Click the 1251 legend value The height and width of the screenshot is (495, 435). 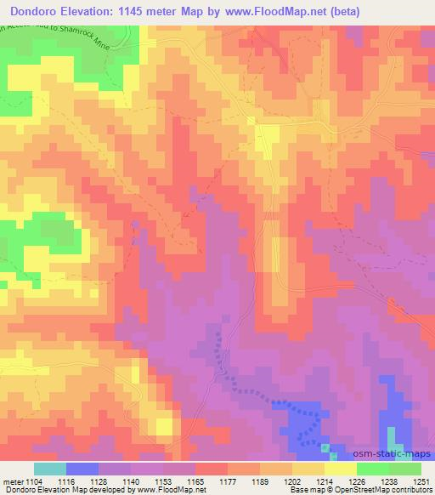click(418, 481)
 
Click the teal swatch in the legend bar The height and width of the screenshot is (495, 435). click(50, 469)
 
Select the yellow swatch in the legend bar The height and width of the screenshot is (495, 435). click(341, 469)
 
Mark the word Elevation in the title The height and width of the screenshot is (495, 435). click(88, 12)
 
